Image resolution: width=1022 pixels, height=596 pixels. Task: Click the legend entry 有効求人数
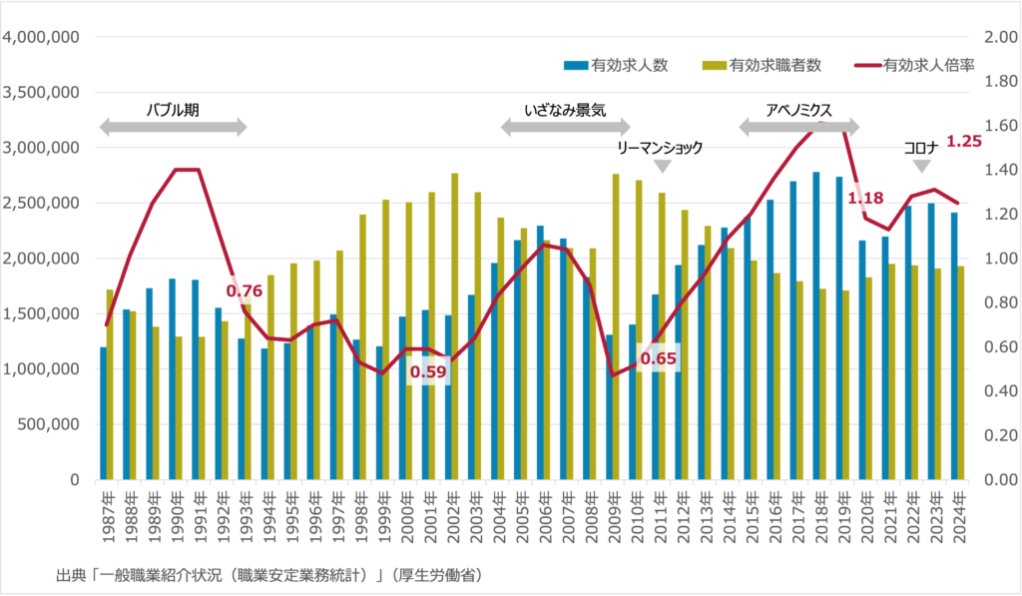(630, 66)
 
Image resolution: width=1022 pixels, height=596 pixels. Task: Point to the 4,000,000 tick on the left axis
(41, 38)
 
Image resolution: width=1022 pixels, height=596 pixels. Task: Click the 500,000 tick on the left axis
(48, 424)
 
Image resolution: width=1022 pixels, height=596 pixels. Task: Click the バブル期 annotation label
(173, 110)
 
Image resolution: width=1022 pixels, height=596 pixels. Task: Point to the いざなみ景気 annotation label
(565, 110)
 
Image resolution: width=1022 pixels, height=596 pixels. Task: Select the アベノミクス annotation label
(798, 110)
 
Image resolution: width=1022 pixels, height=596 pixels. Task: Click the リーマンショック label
(660, 148)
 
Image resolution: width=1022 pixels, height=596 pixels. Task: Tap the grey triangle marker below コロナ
(922, 166)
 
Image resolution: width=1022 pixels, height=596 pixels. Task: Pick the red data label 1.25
(964, 142)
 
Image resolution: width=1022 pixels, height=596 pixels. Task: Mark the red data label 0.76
(245, 292)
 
